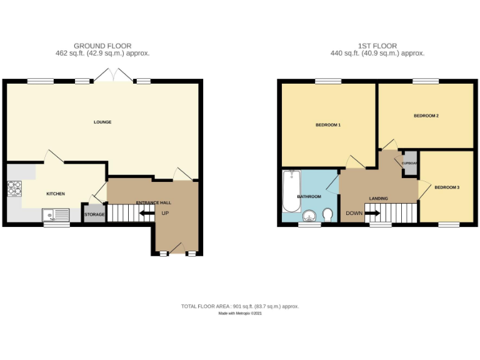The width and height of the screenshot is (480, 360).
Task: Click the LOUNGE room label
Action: [102, 122]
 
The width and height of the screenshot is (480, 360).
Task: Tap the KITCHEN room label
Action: [56, 194]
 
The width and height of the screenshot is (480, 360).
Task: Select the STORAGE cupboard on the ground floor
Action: [94, 214]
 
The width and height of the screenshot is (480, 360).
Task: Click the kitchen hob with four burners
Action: [14, 188]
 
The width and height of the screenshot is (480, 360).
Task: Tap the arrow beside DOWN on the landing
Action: [372, 213]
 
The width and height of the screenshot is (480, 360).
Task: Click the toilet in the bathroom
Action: [328, 216]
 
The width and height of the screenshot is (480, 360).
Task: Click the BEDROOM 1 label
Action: [327, 126]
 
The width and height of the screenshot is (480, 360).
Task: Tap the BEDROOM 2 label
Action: [426, 116]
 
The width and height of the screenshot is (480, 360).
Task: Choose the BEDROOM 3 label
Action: [447, 187]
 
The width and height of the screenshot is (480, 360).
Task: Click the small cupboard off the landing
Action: [410, 163]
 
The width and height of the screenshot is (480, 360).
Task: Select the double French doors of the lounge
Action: [113, 76]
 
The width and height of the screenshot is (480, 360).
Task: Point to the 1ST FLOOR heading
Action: [377, 46]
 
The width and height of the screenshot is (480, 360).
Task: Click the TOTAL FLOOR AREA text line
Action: [240, 306]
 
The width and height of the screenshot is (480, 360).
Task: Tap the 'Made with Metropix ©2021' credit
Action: [240, 314]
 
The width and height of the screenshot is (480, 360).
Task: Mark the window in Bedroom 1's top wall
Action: [328, 81]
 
